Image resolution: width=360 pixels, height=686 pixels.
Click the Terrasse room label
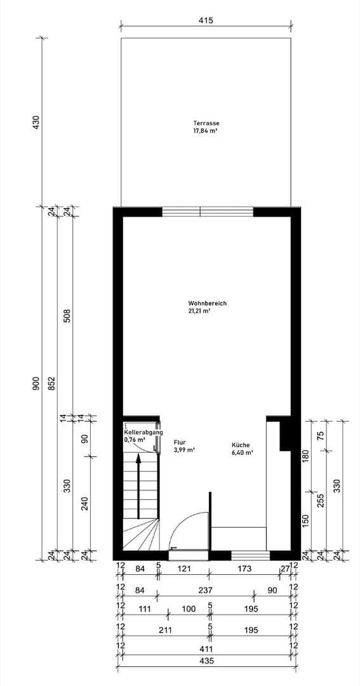click(x=206, y=123)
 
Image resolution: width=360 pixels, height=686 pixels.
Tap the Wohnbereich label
click(x=207, y=304)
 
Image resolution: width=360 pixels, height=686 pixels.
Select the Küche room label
click(x=241, y=445)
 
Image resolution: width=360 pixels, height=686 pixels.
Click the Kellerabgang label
click(x=143, y=432)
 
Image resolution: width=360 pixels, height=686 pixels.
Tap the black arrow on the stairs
click(x=138, y=486)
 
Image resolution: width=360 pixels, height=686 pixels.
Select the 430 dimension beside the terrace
click(x=36, y=121)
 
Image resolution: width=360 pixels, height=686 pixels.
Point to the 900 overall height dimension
click(x=36, y=384)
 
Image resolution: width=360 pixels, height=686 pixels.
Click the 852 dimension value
click(x=52, y=384)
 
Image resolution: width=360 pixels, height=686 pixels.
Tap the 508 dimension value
click(x=68, y=316)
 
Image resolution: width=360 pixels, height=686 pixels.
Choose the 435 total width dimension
click(x=206, y=661)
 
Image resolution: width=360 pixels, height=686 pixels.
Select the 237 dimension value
click(x=205, y=590)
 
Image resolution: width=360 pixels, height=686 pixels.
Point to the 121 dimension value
click(x=183, y=570)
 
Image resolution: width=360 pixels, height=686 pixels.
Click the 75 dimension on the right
click(x=321, y=436)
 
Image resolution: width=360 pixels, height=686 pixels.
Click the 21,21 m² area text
click(x=199, y=311)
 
